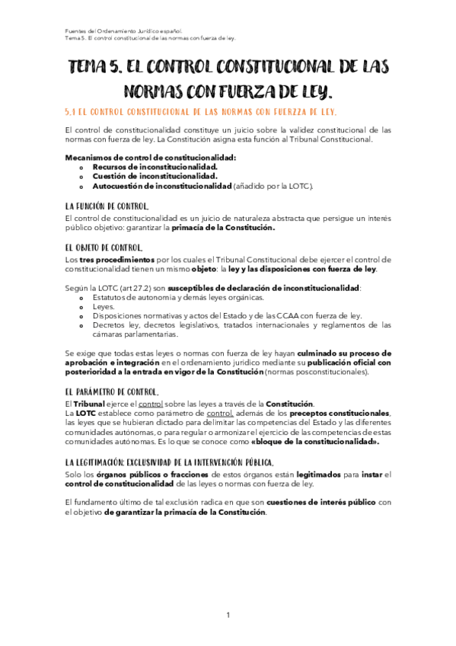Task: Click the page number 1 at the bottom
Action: point(228,615)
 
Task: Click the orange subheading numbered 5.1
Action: point(201,112)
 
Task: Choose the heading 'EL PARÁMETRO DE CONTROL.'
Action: point(112,392)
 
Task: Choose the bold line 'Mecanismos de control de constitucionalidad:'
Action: point(151,156)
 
